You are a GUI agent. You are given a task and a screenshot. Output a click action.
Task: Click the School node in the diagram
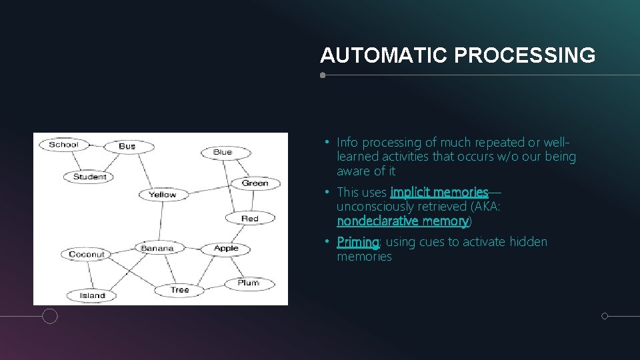coord(64,145)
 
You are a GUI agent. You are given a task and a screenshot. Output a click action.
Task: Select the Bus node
coord(127,146)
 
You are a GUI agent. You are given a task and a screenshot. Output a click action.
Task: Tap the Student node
coord(89,177)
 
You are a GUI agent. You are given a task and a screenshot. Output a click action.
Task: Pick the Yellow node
coord(163,195)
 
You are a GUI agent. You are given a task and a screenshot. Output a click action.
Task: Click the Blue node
coord(223,152)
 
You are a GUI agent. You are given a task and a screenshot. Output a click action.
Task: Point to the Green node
coord(255,183)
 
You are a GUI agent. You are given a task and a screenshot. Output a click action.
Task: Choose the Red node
coord(250,219)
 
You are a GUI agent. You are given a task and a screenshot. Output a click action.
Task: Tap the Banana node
coord(157,248)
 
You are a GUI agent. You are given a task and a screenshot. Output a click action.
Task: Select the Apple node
coord(226,249)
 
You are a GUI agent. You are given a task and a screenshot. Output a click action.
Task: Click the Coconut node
coord(87,254)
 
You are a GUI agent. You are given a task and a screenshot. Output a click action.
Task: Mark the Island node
coord(93,295)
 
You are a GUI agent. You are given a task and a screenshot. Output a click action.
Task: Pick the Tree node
coord(180,290)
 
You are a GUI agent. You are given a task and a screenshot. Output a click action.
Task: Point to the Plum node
coord(248,283)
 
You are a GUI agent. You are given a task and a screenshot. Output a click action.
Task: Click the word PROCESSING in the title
coord(525,55)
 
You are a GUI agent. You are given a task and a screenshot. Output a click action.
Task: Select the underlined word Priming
coord(358,242)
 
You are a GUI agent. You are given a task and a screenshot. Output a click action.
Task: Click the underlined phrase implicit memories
coord(439,193)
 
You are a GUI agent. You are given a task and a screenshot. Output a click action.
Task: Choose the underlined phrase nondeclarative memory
coord(403,221)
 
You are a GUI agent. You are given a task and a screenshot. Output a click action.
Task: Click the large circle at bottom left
coord(50,316)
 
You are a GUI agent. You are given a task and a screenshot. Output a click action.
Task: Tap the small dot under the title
coord(323,75)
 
